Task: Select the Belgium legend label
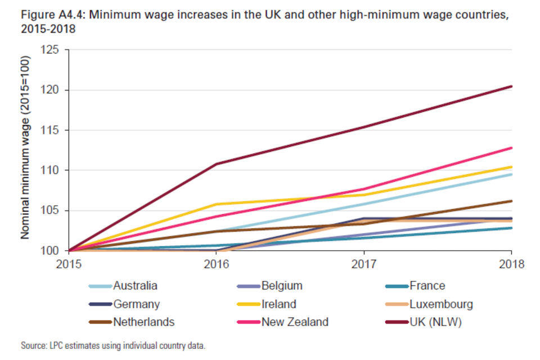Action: pos(282,286)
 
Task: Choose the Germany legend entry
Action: pos(136,304)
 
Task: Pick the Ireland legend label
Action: pos(279,304)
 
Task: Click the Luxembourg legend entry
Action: pos(441,304)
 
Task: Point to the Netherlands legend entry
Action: pos(143,322)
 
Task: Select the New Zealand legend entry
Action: pos(295,322)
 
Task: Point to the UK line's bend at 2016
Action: pos(216,164)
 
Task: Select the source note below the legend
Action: pos(113,345)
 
